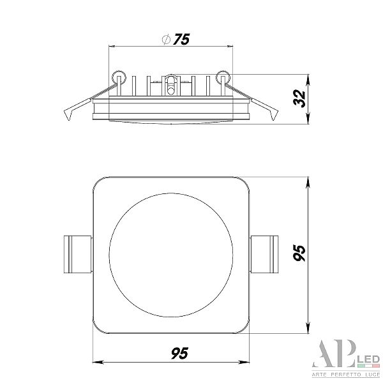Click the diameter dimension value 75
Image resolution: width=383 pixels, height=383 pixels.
[x=181, y=40]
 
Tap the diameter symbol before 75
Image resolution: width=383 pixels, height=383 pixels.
[x=166, y=40]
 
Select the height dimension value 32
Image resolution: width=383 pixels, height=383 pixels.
[x=299, y=98]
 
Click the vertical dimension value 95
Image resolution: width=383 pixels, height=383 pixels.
[x=299, y=253]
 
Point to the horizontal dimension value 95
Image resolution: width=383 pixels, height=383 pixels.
[x=179, y=354]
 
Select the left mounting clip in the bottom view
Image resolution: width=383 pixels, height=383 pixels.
[x=78, y=254]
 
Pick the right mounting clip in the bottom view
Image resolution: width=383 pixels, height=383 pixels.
[x=264, y=254]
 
